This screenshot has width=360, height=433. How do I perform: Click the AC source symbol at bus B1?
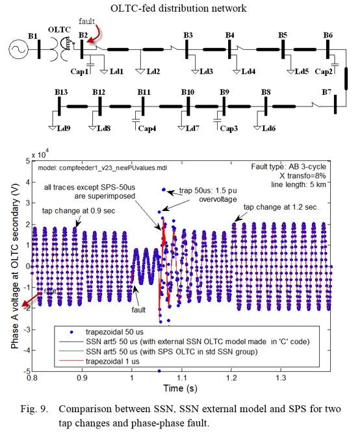19,50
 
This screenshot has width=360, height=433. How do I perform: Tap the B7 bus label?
326,92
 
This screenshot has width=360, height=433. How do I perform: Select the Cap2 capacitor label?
324,72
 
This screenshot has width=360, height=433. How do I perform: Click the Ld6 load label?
268,128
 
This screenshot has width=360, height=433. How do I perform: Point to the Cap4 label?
147,129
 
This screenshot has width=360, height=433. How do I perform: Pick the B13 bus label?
61,92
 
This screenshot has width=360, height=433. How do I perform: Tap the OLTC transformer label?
59,30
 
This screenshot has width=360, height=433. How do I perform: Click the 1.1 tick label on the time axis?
182,378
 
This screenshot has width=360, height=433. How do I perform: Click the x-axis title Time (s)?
180,388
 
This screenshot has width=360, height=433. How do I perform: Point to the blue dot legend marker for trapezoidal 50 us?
71,332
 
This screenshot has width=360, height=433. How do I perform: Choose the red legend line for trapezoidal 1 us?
71,361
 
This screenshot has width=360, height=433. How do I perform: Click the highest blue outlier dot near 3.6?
164,190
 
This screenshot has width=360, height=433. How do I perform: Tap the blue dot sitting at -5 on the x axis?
159,371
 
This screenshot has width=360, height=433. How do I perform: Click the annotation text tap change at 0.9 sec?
79,211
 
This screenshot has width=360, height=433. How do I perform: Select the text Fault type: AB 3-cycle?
289,167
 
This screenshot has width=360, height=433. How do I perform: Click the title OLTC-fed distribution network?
178,8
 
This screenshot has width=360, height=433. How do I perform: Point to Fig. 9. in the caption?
34,409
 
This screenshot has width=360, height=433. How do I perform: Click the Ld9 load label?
64,128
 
